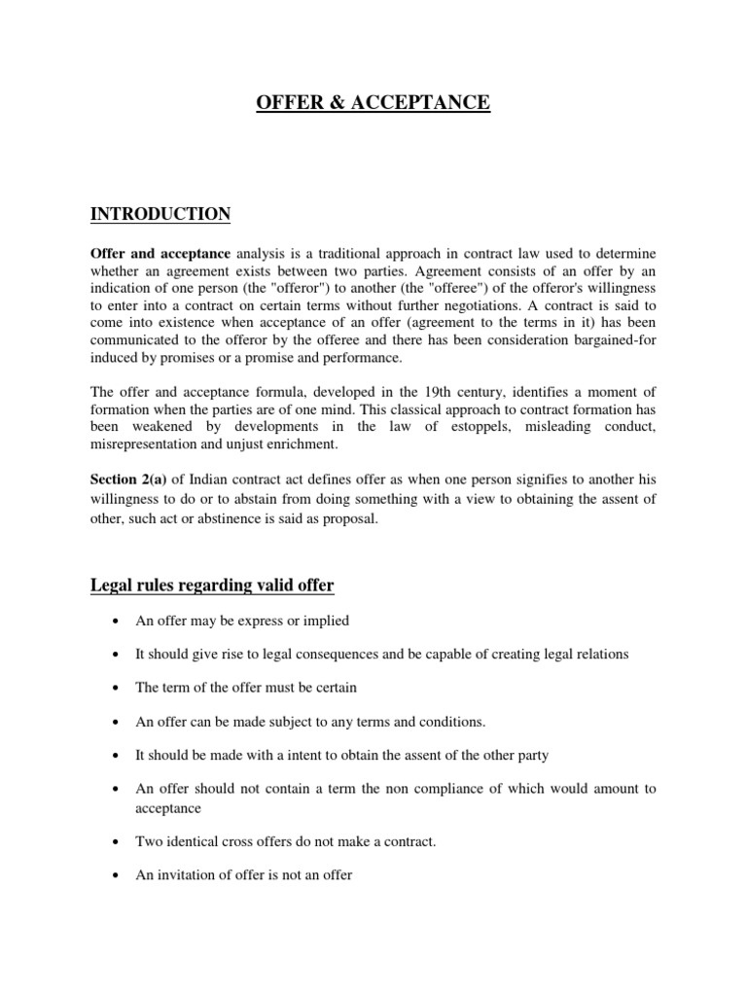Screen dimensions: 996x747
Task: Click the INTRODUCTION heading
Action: pos(160,214)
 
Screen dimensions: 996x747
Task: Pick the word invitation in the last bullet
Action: pos(187,875)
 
